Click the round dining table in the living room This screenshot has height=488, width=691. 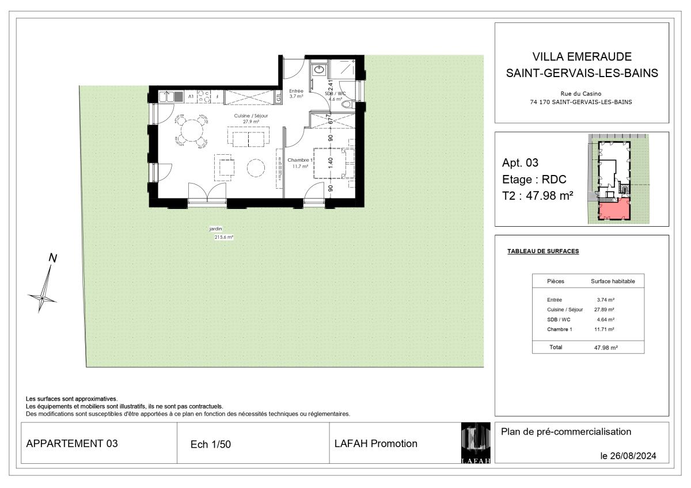(192, 131)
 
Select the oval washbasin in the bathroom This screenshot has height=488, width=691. (318, 70)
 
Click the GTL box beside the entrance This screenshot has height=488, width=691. (279, 97)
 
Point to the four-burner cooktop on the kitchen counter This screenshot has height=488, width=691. (204, 97)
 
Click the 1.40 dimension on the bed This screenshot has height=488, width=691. (331, 163)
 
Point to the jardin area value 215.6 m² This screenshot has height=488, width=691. (224, 237)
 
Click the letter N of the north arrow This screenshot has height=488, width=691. (53, 258)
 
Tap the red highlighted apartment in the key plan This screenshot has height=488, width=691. (614, 209)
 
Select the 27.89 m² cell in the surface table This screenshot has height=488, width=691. (604, 310)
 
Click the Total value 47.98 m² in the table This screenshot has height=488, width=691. (606, 348)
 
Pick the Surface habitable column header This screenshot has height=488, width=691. (613, 281)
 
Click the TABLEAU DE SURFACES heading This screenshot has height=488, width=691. (543, 251)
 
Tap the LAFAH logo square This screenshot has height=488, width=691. (476, 443)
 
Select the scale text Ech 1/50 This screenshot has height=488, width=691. (211, 444)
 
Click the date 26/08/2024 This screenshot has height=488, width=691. (633, 456)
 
